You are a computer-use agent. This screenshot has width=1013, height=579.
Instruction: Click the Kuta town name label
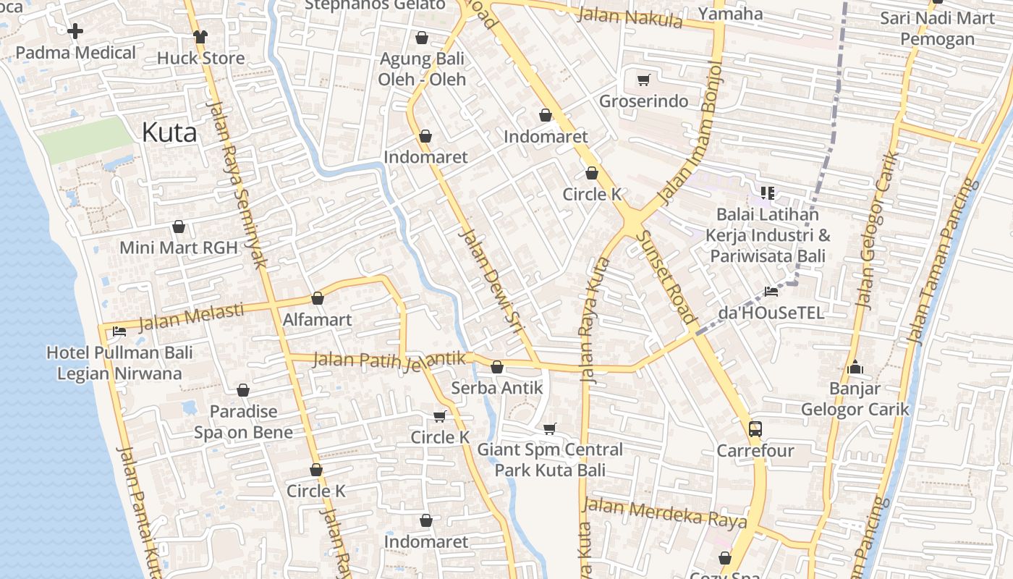coord(169,132)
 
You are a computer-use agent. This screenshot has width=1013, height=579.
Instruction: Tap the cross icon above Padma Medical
coord(75,31)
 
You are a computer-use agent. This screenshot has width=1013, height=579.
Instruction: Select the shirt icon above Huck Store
coord(200,36)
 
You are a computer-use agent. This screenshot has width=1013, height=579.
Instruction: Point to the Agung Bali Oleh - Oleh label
coord(422,69)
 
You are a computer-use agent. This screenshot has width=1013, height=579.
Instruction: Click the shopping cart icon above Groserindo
coord(643,80)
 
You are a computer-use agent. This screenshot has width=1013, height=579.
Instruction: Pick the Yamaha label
coord(731,14)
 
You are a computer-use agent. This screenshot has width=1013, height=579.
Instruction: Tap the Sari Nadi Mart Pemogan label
coord(938,29)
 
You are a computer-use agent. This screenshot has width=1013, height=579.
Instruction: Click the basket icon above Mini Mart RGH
coord(179,227)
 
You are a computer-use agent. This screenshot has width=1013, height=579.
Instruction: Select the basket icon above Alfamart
coord(317,298)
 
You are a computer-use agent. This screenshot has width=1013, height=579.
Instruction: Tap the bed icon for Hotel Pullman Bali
coord(119,331)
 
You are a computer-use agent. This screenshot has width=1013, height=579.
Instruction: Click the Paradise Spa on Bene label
coord(243,422)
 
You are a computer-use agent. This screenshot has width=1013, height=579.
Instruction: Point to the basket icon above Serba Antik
coord(497,367)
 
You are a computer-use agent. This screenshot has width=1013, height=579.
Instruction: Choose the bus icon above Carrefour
coord(755,429)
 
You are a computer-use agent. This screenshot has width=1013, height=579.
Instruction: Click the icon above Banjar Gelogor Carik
coord(855,368)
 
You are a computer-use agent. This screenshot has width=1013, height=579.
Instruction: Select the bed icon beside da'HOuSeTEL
coord(771,292)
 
